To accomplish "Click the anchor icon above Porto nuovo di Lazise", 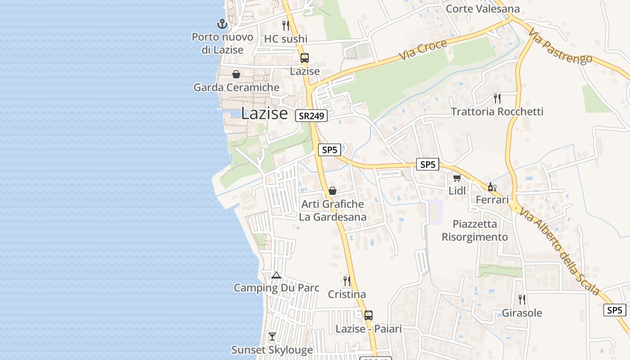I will [x=222, y=23].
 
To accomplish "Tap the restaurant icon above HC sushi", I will [x=286, y=25].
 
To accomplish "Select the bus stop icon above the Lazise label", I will [x=305, y=58].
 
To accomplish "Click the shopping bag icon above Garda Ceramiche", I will [x=236, y=74].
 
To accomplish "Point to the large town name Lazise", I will [x=264, y=113].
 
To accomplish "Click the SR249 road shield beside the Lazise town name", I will [x=311, y=116].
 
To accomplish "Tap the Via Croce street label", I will [x=423, y=50].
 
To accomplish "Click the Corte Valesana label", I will [x=482, y=9].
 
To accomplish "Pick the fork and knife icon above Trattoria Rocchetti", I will [x=497, y=98].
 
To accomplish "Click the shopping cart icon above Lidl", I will [x=457, y=178].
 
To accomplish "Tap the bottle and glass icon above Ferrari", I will [x=492, y=187].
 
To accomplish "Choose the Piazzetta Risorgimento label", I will [x=475, y=230].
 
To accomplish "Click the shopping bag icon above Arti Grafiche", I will [x=333, y=191].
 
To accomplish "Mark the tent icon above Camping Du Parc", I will [x=276, y=275].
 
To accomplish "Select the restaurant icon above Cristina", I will [x=347, y=281].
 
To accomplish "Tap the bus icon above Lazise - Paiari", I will [x=369, y=315].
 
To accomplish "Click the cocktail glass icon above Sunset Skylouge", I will [x=272, y=336].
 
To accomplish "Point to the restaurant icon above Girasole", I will [x=522, y=299].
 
